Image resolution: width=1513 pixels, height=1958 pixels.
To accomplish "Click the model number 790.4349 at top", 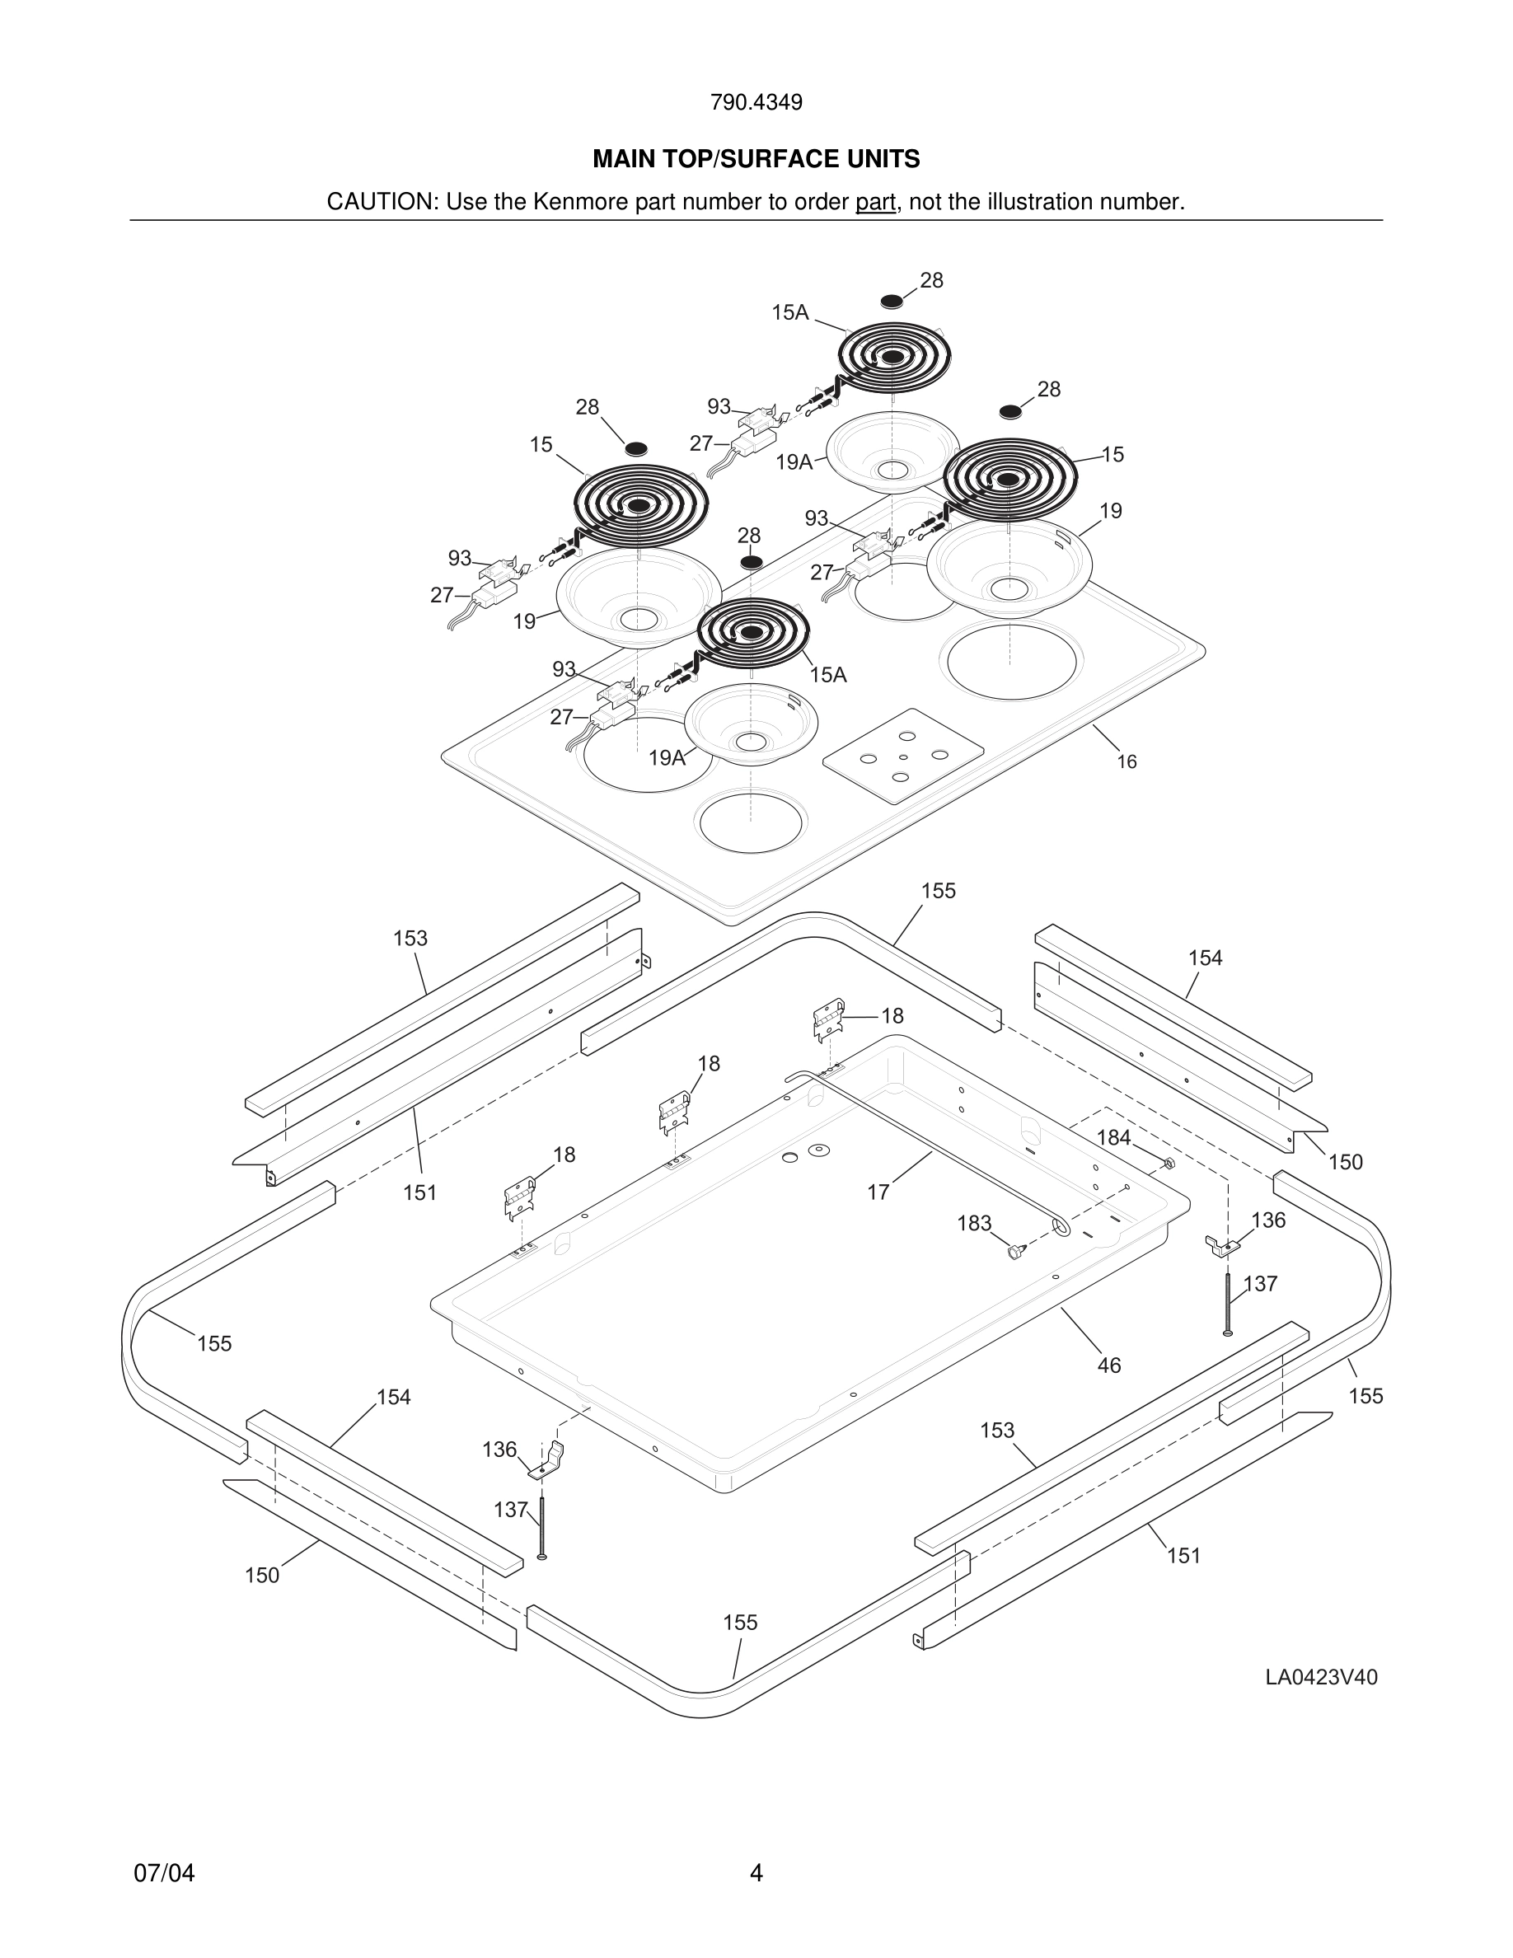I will [756, 102].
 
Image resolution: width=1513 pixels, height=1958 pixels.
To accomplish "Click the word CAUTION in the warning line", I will [379, 202].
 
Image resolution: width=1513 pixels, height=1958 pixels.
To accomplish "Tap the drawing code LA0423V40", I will [1320, 1677].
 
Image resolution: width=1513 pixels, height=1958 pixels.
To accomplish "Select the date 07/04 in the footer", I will [164, 1873].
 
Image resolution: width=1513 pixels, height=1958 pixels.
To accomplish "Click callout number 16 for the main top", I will [1126, 761].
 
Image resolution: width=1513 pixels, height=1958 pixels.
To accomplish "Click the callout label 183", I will [973, 1223].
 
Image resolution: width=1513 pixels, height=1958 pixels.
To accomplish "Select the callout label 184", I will [1113, 1138].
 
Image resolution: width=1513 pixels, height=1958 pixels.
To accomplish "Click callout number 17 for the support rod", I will [878, 1192].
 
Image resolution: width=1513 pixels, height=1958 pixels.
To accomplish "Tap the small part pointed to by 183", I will [1014, 1252].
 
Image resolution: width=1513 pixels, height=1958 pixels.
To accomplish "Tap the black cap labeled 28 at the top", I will [891, 300].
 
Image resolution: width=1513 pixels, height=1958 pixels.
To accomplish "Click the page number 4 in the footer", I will [756, 1873].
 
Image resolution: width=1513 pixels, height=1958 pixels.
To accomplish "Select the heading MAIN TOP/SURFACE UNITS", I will [756, 160].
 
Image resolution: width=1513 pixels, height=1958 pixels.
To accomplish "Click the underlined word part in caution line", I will [875, 202].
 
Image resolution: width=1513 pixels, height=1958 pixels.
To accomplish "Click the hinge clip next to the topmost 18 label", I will [827, 1019].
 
